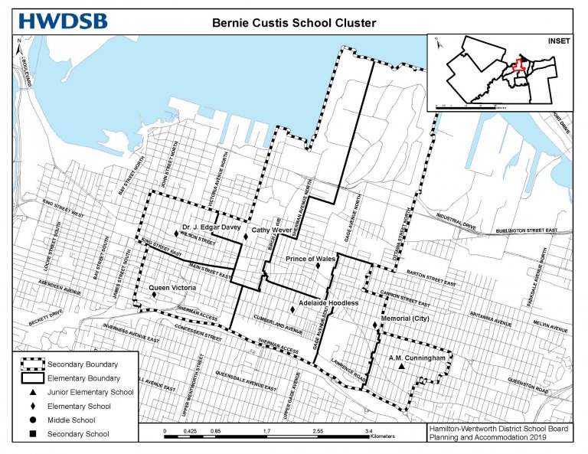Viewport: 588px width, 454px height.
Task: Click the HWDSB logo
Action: pyautogui.click(x=64, y=21)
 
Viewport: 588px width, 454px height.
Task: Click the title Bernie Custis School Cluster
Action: pyautogui.click(x=294, y=23)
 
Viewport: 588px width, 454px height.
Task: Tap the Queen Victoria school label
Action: pyautogui.click(x=172, y=288)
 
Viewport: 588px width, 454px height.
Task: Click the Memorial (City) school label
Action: pyautogui.click(x=403, y=318)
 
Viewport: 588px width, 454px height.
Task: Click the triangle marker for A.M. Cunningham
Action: pyautogui.click(x=400, y=367)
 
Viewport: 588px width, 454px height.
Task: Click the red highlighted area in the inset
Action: pyautogui.click(x=519, y=67)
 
